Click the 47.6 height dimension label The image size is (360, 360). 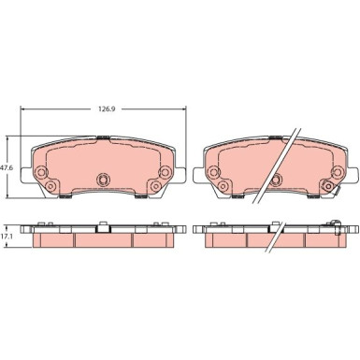click(x=7, y=167)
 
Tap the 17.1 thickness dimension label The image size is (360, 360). click(x=7, y=237)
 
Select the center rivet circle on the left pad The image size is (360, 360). click(x=103, y=180)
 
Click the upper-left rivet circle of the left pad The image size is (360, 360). click(x=41, y=171)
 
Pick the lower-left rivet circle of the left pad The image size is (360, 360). click(x=50, y=186)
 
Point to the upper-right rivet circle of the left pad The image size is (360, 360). click(x=165, y=171)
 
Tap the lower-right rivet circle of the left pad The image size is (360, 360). click(x=155, y=186)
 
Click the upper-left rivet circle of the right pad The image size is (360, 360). click(x=213, y=171)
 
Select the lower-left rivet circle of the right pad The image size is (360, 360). click(x=223, y=186)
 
